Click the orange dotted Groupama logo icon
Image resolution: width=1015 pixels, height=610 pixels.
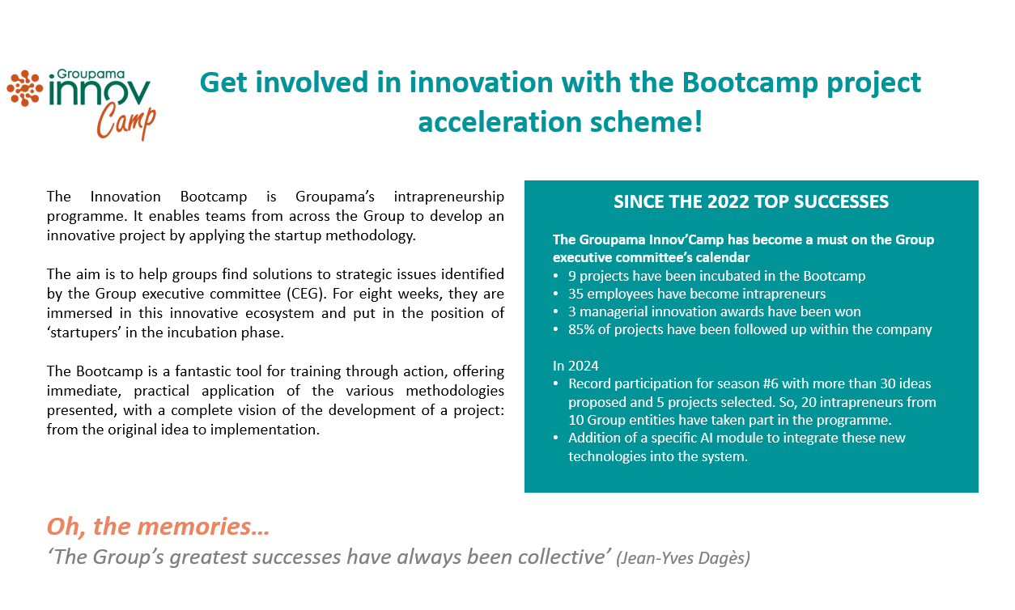coord(25,88)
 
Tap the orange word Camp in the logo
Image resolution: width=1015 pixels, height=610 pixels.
coord(126,122)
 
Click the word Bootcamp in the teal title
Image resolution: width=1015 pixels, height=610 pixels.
coord(750,83)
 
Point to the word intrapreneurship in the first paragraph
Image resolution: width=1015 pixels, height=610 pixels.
coord(448,197)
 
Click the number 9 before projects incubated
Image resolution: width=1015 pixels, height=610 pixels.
coord(572,276)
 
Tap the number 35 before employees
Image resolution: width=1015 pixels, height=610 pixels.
coord(575,294)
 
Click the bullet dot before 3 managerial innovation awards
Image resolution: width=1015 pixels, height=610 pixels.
coord(555,312)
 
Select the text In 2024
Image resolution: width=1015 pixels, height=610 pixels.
coord(575,366)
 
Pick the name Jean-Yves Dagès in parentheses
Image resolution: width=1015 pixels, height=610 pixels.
coord(683,558)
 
